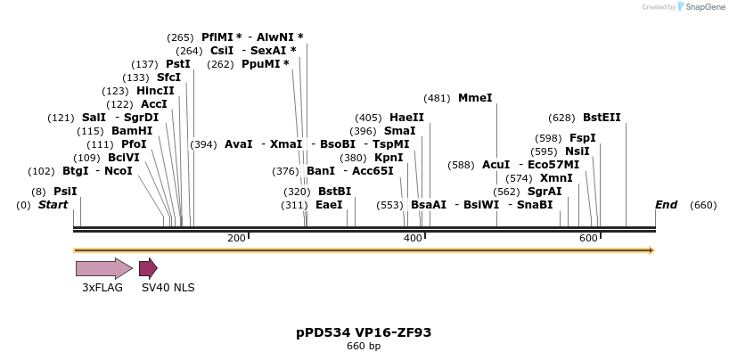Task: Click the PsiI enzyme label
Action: click(x=65, y=192)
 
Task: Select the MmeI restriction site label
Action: click(x=475, y=98)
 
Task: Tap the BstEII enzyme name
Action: click(x=602, y=118)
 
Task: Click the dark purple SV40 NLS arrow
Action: click(x=148, y=268)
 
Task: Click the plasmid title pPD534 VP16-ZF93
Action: click(x=364, y=332)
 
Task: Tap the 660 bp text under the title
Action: click(x=364, y=347)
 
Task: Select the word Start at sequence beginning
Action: click(x=53, y=205)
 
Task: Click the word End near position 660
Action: click(x=666, y=205)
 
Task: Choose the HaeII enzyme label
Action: click(x=406, y=118)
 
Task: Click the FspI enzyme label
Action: click(x=582, y=138)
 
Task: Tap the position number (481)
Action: click(x=437, y=98)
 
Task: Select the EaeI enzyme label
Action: click(x=329, y=205)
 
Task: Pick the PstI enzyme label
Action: click(x=178, y=64)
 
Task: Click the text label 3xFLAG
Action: click(x=102, y=288)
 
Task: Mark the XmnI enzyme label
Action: click(x=556, y=178)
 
